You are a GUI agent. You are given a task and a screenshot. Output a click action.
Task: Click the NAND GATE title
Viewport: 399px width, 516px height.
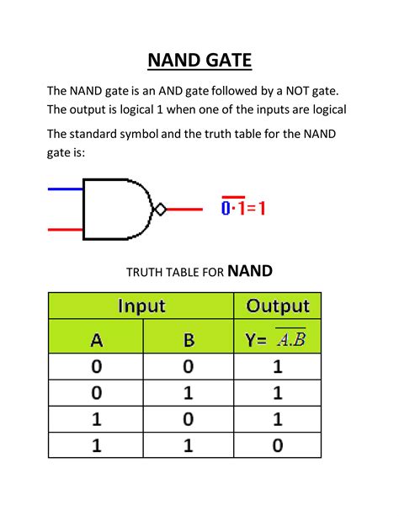coord(199,61)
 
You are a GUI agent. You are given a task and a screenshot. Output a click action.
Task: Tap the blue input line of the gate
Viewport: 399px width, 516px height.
coord(65,189)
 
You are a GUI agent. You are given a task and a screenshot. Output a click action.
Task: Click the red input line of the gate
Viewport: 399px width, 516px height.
coord(65,229)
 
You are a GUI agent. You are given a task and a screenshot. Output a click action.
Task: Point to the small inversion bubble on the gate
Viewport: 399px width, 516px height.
coord(160,210)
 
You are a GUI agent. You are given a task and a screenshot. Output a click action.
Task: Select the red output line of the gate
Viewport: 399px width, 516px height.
coord(184,210)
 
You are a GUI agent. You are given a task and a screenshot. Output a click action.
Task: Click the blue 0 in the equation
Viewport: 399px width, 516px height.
coord(226,208)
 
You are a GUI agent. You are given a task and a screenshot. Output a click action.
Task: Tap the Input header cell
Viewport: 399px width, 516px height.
coord(141,306)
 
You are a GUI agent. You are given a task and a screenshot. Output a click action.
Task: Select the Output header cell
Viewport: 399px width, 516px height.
coord(278,306)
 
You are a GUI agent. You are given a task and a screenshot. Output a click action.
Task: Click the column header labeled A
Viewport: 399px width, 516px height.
coord(96,337)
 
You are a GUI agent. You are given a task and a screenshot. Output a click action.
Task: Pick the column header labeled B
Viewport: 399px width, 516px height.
coord(189,337)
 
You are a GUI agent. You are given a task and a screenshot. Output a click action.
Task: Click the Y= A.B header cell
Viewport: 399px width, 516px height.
coord(278,337)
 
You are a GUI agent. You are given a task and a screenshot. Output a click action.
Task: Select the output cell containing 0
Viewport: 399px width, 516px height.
coord(278,445)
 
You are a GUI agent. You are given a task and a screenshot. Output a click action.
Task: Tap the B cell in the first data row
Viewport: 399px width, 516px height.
coord(189,367)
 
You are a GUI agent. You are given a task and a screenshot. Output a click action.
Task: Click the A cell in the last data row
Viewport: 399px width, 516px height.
coord(96,445)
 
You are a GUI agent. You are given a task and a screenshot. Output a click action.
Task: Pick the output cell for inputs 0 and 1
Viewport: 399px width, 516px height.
coord(278,393)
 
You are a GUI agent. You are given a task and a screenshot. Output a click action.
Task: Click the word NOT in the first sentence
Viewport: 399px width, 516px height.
coord(297,91)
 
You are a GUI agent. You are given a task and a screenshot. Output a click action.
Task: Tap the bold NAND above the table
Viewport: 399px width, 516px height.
coord(250,271)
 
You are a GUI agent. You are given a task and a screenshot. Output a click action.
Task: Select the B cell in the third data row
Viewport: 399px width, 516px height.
coord(189,419)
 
